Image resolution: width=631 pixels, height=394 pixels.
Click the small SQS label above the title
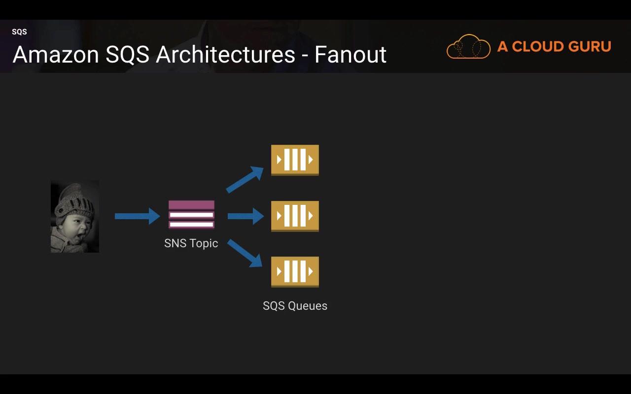pyautogui.click(x=19, y=32)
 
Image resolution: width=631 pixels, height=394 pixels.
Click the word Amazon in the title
pyautogui.click(x=56, y=54)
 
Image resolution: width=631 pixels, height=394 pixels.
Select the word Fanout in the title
pyautogui.click(x=350, y=54)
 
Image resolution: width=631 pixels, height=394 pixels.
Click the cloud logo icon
pyautogui.click(x=468, y=47)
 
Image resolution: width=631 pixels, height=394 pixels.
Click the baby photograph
pyautogui.click(x=75, y=216)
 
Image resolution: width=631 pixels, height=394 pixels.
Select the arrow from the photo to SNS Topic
pyautogui.click(x=137, y=216)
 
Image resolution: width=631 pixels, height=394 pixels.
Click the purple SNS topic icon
pyautogui.click(x=191, y=215)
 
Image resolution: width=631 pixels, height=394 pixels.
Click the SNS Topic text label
pyautogui.click(x=191, y=243)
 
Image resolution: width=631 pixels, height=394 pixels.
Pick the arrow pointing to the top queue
pyautogui.click(x=245, y=179)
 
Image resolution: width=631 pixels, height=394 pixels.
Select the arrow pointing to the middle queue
pyautogui.click(x=245, y=216)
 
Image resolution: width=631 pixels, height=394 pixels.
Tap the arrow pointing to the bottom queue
pyautogui.click(x=245, y=253)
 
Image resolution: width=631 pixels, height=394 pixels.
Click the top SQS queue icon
pyautogui.click(x=295, y=160)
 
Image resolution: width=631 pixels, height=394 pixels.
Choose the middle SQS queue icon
pyautogui.click(x=295, y=216)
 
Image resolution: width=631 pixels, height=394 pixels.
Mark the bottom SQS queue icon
pyautogui.click(x=295, y=272)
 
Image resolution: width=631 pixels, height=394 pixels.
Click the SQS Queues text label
pyautogui.click(x=295, y=306)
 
